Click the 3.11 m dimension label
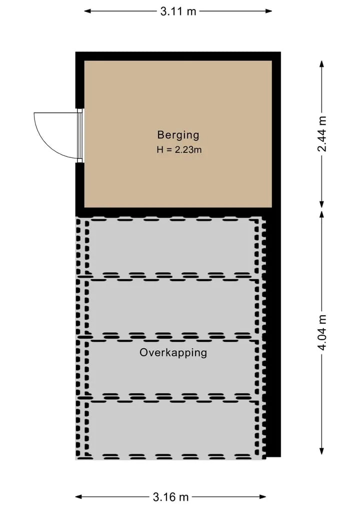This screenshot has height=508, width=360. click(178, 11)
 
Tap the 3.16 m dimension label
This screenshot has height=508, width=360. click(170, 497)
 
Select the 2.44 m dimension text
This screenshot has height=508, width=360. click(321, 134)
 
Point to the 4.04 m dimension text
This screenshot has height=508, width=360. click(321, 333)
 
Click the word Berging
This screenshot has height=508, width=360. click(178, 135)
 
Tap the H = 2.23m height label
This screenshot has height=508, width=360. click(179, 150)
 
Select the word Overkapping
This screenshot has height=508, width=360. click(173, 353)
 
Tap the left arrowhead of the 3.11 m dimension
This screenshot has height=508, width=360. click(87, 11)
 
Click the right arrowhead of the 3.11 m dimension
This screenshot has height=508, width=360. click(268, 11)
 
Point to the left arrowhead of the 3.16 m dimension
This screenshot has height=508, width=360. click(79, 497)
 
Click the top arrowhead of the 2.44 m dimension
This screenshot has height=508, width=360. click(321, 63)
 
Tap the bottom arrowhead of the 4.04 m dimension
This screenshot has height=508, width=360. click(321, 451)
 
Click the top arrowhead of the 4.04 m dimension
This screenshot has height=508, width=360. click(321, 215)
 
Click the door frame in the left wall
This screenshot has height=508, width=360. click(80, 135)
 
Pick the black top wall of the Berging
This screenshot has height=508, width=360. click(178, 56)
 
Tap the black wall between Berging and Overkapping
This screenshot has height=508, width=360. click(173, 212)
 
